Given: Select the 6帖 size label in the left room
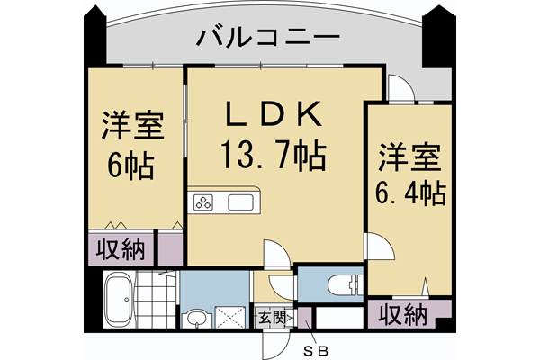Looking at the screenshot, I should [131, 166].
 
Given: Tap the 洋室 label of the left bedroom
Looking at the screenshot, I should [131, 126].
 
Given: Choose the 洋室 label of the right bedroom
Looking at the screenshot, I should [410, 155].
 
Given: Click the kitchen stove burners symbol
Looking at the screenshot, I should [204, 202].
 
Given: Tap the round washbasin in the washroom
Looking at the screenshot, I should [197, 318].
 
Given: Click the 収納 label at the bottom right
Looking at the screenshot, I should [401, 314].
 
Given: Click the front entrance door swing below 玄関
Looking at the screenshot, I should [273, 343].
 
